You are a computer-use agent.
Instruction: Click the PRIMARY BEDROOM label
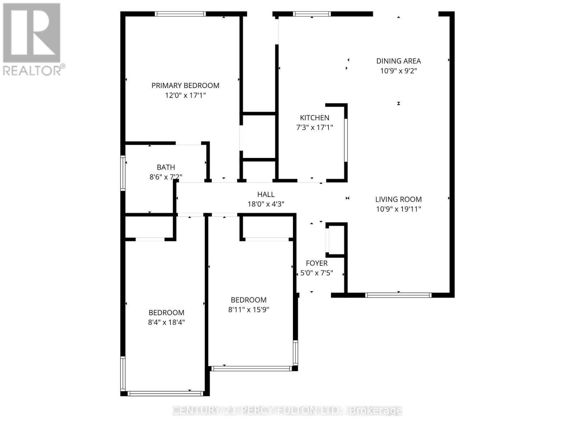[x=185, y=85]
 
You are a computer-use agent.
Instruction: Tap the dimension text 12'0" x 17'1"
[x=185, y=96]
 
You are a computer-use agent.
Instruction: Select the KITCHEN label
[x=314, y=118]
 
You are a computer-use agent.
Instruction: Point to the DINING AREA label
[x=398, y=61]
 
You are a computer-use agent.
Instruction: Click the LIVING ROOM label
[x=398, y=199]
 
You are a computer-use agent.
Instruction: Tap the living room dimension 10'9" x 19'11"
[x=398, y=209]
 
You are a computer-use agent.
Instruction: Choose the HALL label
[x=266, y=194]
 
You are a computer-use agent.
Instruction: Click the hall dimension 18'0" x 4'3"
[x=266, y=204]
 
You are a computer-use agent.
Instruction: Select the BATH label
[x=166, y=167]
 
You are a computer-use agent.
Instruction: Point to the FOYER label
[x=316, y=263]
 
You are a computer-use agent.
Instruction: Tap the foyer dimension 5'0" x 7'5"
[x=316, y=273]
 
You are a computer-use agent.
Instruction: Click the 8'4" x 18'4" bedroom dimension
[x=166, y=322]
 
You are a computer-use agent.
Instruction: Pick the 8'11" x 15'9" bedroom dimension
[x=248, y=310]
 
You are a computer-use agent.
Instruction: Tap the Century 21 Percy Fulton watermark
[x=287, y=410]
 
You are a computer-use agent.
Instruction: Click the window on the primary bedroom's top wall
[x=180, y=14]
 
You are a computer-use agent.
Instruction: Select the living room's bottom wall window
[x=398, y=295]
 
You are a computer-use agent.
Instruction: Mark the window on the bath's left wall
[x=123, y=173]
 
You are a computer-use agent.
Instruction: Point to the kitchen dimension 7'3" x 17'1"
[x=314, y=128]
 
